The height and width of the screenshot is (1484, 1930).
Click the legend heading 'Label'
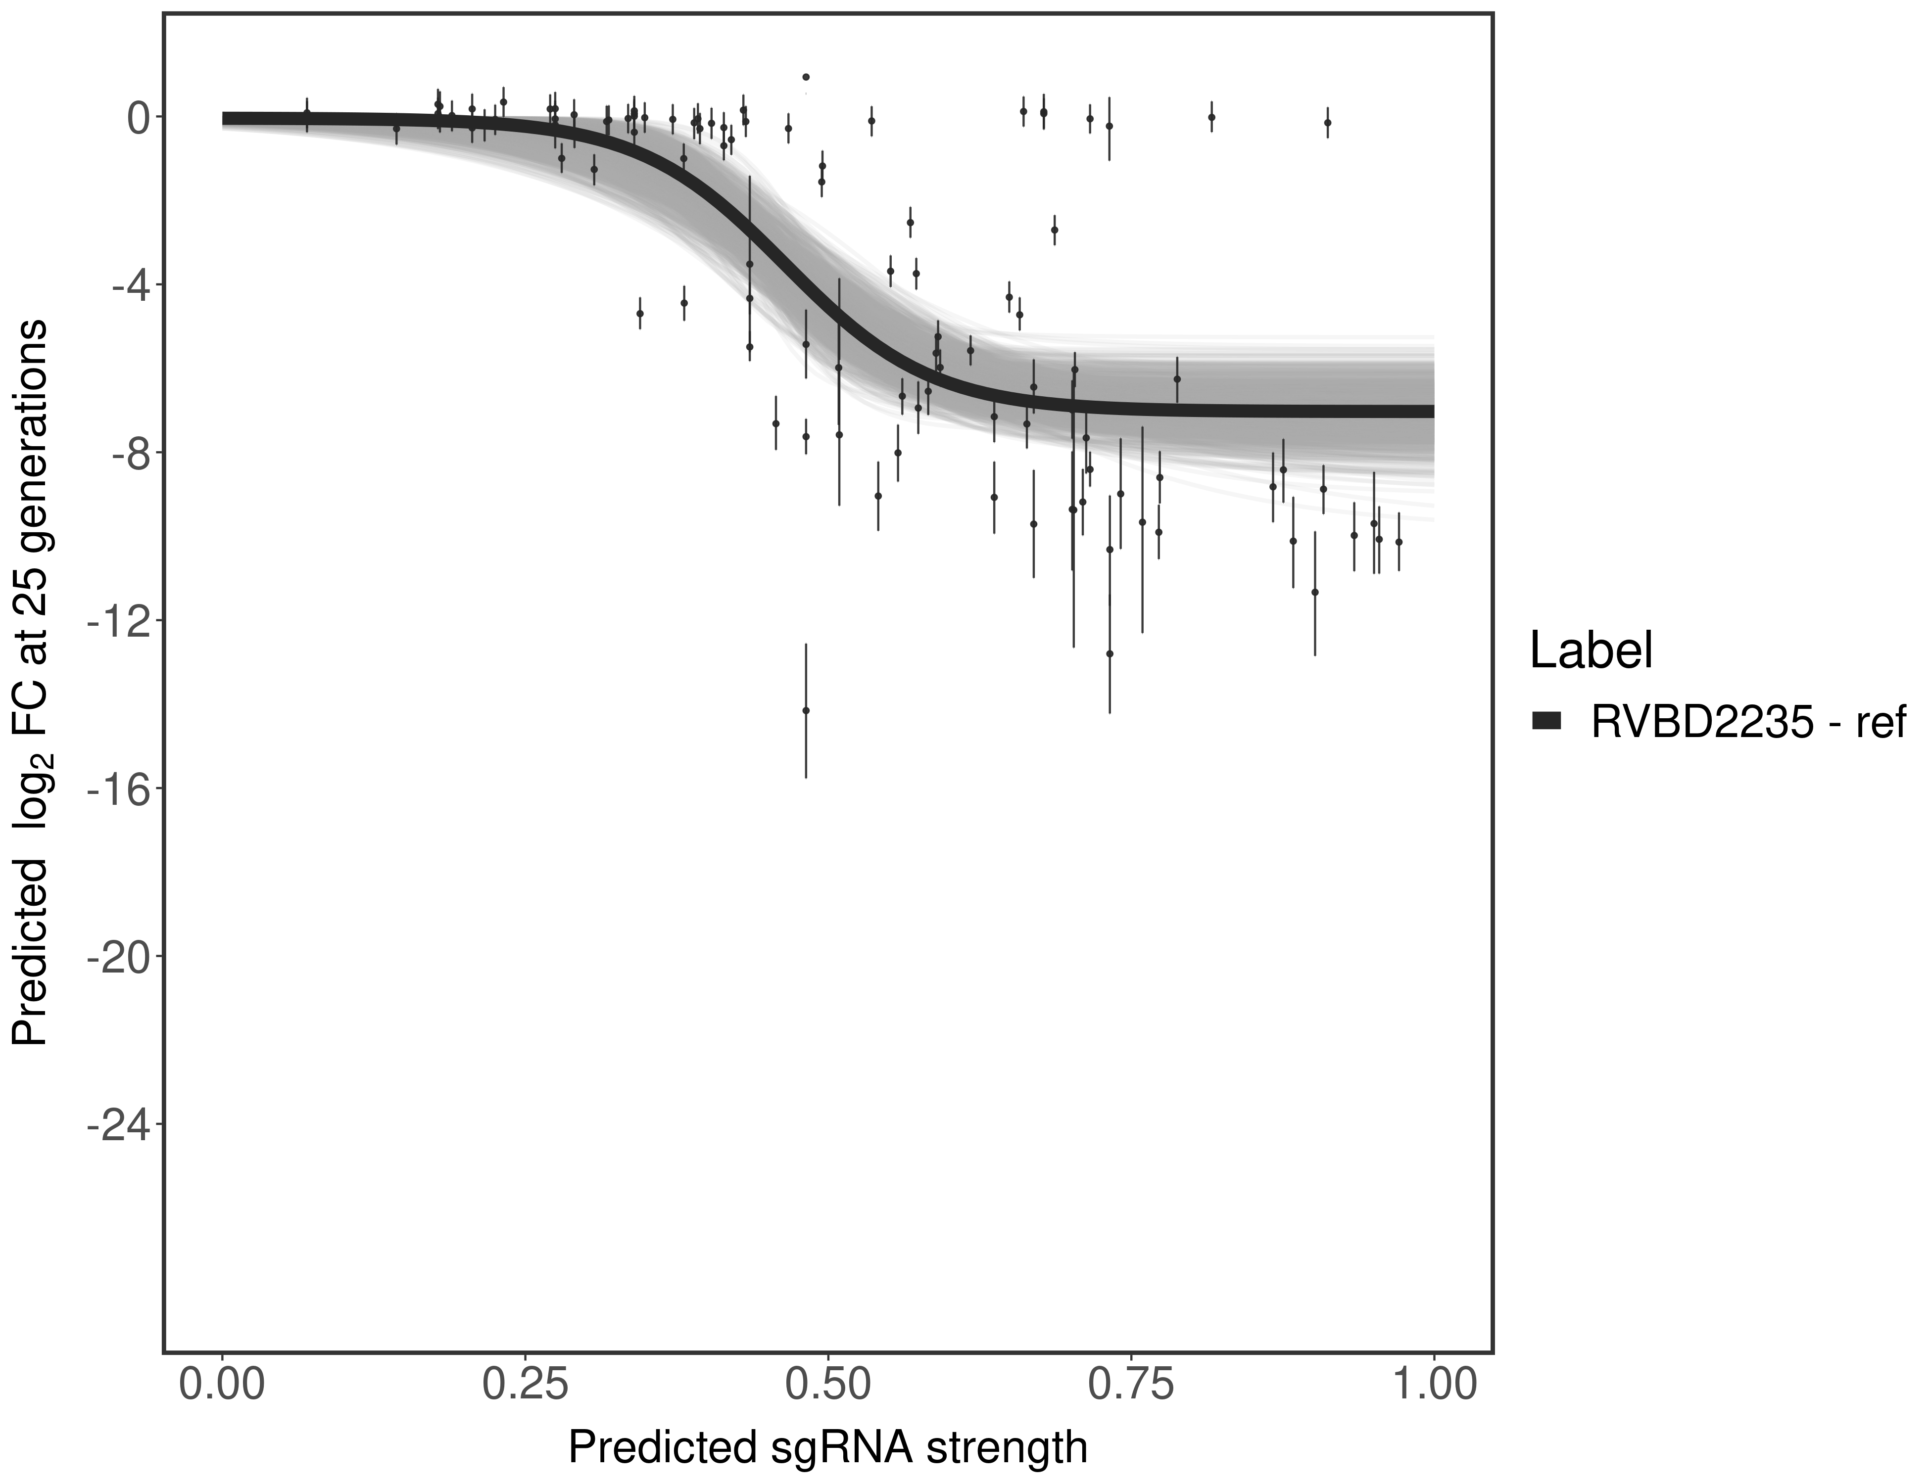pos(1591,651)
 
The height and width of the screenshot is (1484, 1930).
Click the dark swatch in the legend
pos(1546,722)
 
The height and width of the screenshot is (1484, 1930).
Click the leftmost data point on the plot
pos(307,113)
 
